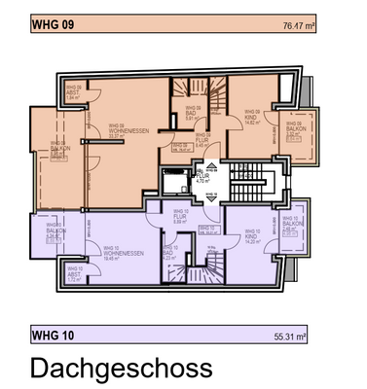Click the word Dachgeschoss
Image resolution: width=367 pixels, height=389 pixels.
(x=121, y=369)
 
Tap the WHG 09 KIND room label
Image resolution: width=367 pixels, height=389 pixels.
(x=251, y=121)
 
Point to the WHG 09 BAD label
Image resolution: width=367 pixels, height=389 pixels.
(x=192, y=117)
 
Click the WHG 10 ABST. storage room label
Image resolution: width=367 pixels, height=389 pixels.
(x=74, y=275)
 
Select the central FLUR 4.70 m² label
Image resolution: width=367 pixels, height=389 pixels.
(x=203, y=177)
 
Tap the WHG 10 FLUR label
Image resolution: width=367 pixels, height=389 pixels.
(x=180, y=216)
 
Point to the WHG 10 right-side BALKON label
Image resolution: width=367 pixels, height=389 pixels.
(x=289, y=226)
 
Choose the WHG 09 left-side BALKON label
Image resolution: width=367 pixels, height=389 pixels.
(x=57, y=151)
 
